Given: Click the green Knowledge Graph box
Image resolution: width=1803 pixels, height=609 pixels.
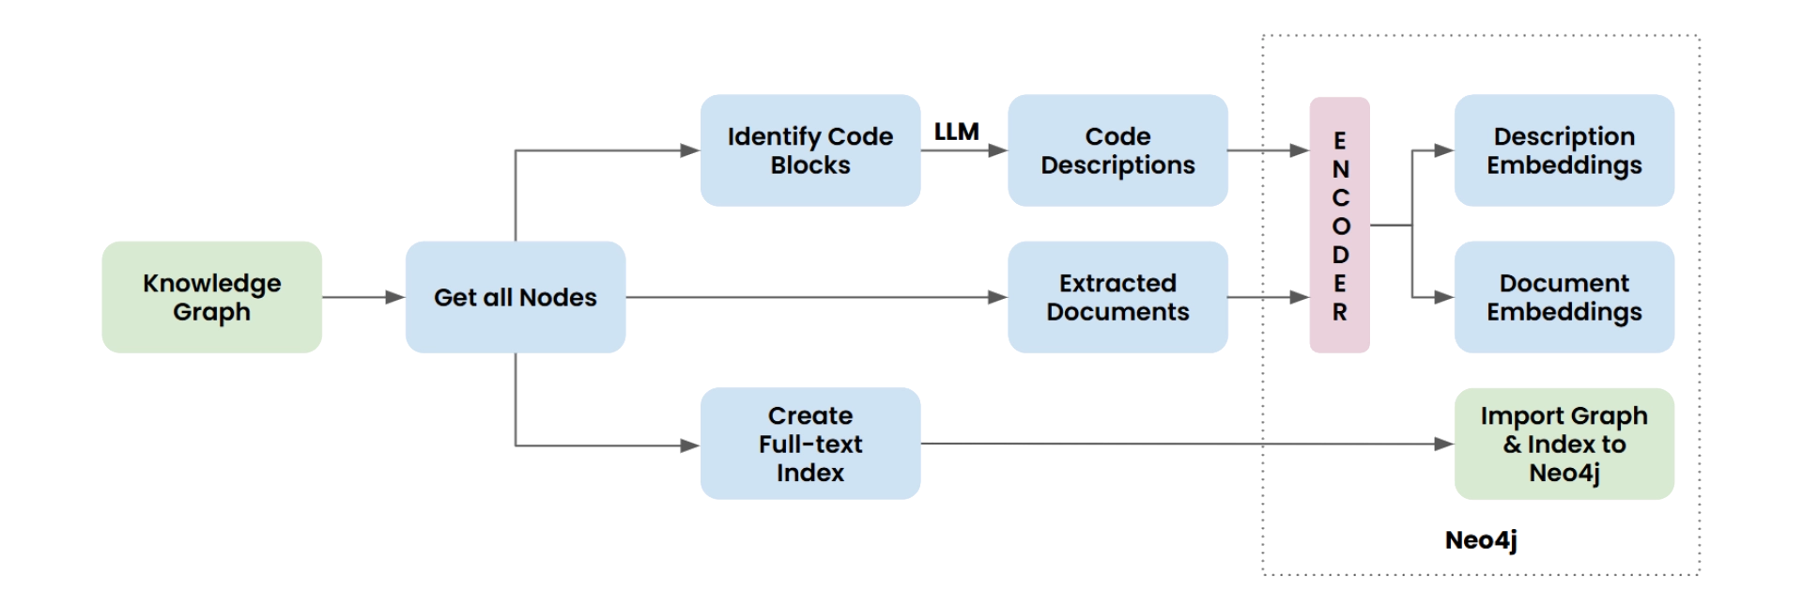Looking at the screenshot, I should pos(210,297).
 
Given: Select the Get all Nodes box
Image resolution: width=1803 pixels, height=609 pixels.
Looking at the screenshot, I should pos(515,297).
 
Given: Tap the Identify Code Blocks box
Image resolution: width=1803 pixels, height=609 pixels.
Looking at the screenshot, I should pos(810,150).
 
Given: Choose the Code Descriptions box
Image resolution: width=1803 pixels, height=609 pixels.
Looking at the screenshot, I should pos(1117,150).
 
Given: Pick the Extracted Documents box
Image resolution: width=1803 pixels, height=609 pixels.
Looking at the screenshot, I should pos(1117,297).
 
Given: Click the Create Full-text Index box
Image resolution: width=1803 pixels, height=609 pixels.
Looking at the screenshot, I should pos(810,444).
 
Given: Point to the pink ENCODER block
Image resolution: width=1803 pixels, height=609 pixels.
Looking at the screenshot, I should pos(1340,226).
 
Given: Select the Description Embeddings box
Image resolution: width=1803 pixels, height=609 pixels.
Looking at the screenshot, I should pos(1564,150).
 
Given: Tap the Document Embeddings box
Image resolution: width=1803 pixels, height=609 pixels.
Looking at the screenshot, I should pos(1564,297).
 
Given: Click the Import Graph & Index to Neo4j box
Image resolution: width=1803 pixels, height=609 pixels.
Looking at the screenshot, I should pos(1564,444).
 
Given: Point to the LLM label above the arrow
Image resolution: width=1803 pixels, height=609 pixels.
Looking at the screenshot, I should pos(957,132).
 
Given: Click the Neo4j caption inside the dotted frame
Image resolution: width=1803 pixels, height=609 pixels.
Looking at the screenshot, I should pos(1480,539).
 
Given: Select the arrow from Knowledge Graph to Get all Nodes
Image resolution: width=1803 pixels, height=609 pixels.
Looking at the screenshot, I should pos(362,297).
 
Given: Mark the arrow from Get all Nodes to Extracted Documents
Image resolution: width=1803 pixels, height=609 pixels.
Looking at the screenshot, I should pos(817,297).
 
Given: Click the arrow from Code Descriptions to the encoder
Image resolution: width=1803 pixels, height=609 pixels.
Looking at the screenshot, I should pos(1268,150).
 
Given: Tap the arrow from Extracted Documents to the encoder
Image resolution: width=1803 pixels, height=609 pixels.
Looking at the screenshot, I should pos(1268,297).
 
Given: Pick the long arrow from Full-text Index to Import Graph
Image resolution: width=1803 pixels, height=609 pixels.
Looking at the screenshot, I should pos(1183,444).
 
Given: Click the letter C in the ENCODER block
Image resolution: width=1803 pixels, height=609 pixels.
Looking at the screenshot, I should pos(1340,198).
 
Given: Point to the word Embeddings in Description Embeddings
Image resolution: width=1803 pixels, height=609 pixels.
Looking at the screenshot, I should pos(1564,165).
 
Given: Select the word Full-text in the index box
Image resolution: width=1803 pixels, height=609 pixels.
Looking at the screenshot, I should pos(810,444).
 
